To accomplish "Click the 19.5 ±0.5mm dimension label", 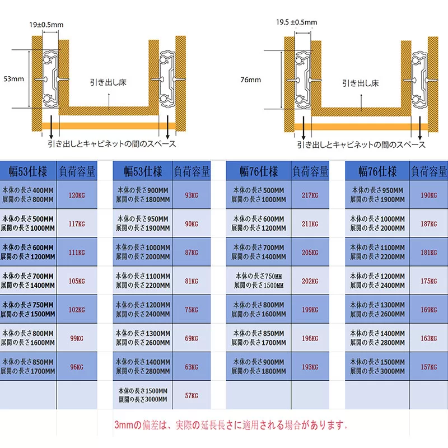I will (297, 22).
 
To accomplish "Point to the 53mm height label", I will (13, 78).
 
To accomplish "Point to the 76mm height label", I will (250, 80).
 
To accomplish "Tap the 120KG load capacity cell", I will (77, 195).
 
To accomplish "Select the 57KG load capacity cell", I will (192, 395).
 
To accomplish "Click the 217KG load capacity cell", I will (310, 195).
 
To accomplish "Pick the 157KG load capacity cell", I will (428, 367).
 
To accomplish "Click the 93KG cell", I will (192, 195).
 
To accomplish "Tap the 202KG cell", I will (310, 281).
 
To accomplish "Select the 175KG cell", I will (428, 281).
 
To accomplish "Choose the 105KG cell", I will (77, 281).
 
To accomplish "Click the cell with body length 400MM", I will (28, 195).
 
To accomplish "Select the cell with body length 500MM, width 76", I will (258, 195).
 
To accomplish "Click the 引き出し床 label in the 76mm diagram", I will (361, 83).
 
